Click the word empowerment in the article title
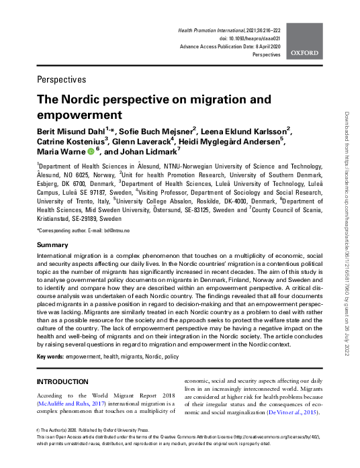point(75,113)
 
